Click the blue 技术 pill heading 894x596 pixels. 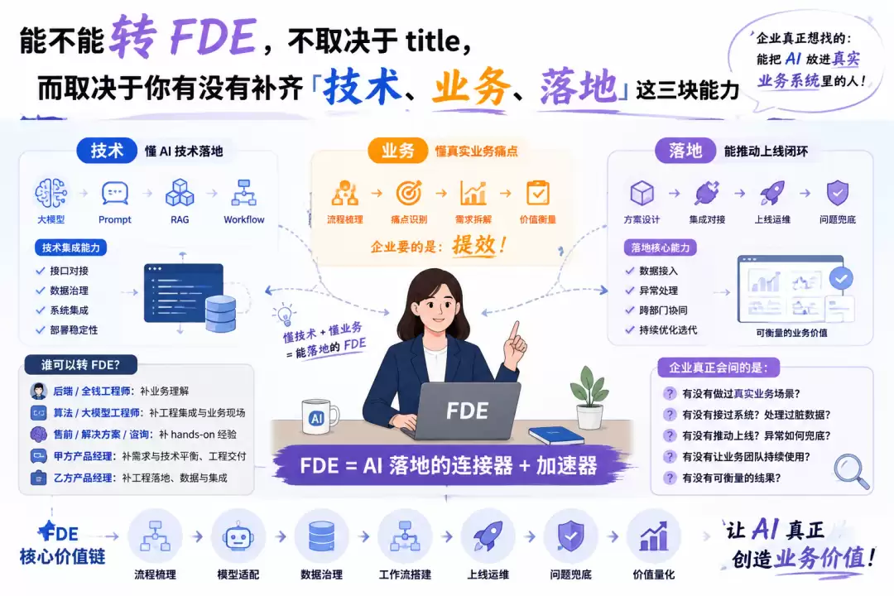107,151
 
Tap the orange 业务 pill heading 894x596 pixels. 397,151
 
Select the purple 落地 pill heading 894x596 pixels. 685,151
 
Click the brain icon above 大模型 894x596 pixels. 50,193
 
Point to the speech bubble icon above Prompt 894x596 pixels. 114,194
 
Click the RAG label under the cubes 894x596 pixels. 180,219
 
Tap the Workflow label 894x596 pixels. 244,219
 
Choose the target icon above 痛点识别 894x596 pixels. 409,193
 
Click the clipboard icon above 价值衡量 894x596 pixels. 538,193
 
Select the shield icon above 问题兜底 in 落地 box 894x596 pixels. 838,193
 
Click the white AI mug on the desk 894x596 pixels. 320,418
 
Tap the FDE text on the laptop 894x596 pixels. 467,411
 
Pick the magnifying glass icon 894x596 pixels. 852,471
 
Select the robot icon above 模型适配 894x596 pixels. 238,537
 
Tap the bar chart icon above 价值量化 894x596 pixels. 653,536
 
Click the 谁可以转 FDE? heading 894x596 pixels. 80,365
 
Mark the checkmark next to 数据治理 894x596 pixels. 40,291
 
